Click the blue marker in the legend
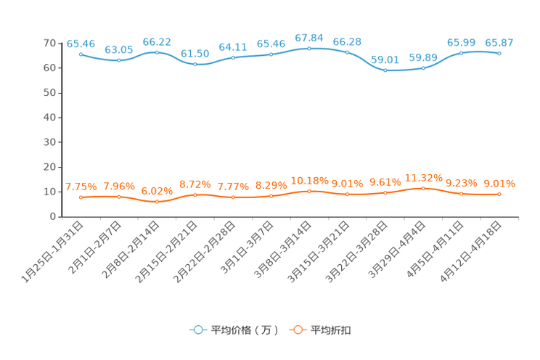(197, 330)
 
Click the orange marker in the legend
(297, 330)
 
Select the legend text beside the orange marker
(332, 330)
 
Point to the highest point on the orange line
(423, 189)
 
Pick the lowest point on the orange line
(157, 201)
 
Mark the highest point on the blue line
(309, 48)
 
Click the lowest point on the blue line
(385, 70)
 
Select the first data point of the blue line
(81, 54)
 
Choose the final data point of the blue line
(499, 54)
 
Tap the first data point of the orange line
(81, 197)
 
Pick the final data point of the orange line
(499, 195)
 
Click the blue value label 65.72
(157, 41)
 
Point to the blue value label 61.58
(195, 54)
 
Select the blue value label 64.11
(233, 47)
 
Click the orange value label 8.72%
(195, 184)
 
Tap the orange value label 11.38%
(423, 178)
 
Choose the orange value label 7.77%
(233, 187)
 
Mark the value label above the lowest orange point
(157, 191)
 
